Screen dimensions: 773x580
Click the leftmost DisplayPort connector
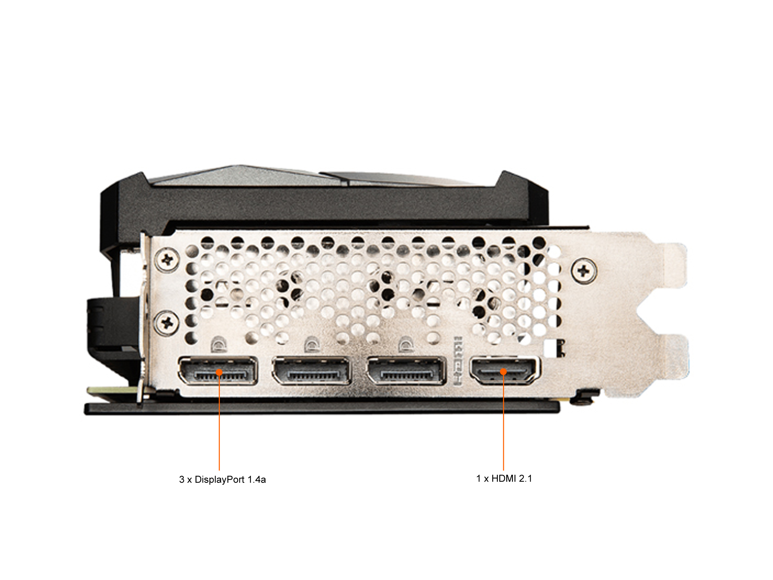[218, 371]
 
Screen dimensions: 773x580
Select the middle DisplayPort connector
[312, 371]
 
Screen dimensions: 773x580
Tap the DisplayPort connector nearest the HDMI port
[406, 371]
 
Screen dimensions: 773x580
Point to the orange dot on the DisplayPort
[219, 372]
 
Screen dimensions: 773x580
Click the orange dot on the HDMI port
[503, 371]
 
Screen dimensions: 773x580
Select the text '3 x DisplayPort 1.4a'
[222, 480]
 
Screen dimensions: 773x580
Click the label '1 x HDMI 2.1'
[504, 479]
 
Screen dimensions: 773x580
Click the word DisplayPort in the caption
[219, 480]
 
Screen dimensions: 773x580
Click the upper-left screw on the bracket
[168, 259]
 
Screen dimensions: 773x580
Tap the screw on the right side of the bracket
[584, 270]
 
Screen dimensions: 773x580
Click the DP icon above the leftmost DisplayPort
[218, 344]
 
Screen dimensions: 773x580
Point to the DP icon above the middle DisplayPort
[312, 344]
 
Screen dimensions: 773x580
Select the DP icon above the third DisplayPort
[405, 344]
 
